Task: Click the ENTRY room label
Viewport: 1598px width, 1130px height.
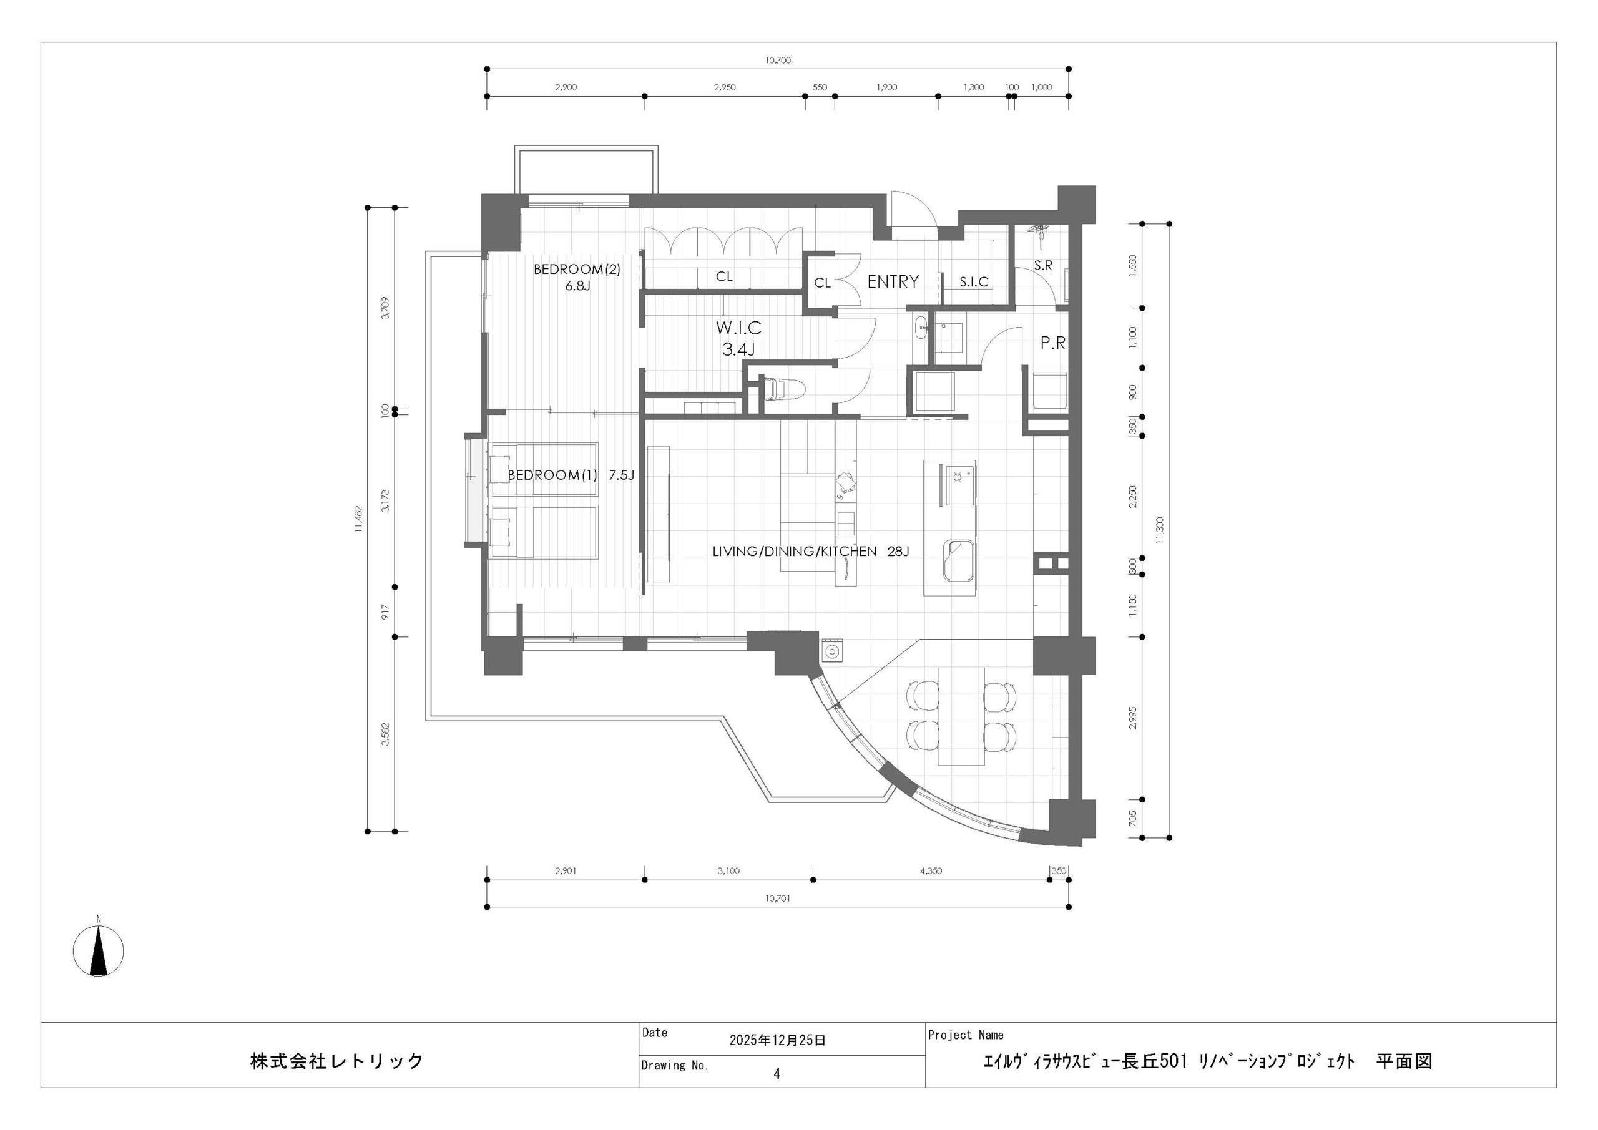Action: (x=893, y=282)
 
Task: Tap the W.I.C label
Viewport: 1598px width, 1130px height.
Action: (x=738, y=327)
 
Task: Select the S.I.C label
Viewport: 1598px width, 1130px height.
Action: (x=974, y=282)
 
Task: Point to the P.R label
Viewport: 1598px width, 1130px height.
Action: (x=1053, y=343)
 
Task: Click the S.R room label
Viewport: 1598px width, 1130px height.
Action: (x=1043, y=266)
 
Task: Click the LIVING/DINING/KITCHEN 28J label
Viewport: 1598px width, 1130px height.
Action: (x=811, y=552)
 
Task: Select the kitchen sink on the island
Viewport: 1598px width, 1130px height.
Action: (x=959, y=560)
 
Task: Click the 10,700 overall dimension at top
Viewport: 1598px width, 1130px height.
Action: (x=778, y=61)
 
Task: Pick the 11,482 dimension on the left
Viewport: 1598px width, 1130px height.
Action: (x=358, y=519)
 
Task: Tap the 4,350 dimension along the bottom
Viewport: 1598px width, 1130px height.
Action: (x=931, y=871)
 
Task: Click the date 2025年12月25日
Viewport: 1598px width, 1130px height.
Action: (x=777, y=1041)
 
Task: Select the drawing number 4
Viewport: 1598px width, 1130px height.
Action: (x=777, y=1074)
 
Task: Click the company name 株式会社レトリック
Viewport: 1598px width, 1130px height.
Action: (x=337, y=1061)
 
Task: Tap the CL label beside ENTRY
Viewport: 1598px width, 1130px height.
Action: (x=823, y=283)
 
